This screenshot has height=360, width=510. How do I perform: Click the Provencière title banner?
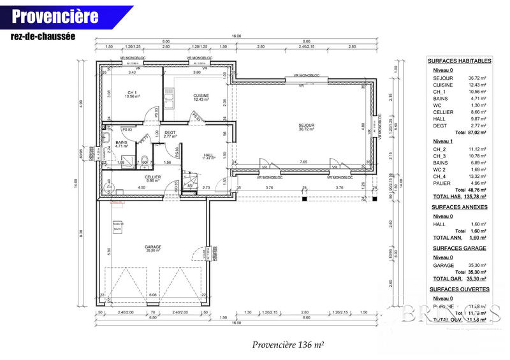[56, 15]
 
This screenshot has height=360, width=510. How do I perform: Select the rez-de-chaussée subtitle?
[42, 36]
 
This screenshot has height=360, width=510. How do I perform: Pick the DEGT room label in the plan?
[170, 133]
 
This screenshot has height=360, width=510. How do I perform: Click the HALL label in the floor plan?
[208, 155]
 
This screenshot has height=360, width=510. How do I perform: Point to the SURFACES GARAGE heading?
[459, 248]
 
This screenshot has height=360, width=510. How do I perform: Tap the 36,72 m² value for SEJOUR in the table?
[477, 78]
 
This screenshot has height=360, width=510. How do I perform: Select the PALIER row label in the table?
[441, 184]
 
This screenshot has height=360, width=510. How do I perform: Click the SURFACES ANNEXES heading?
[459, 207]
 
